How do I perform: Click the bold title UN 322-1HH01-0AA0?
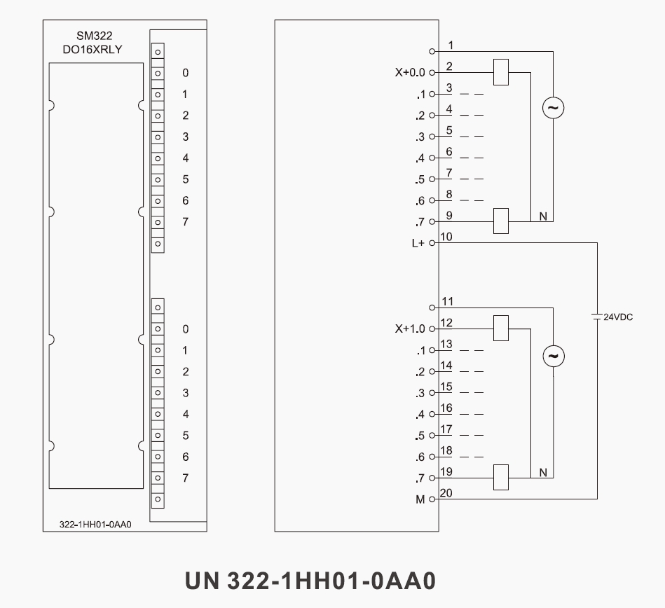[310, 581]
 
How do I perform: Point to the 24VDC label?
[618, 317]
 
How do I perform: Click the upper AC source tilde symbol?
[554, 108]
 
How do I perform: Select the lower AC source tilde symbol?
[554, 356]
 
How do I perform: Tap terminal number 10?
[446, 237]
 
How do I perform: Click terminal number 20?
[446, 494]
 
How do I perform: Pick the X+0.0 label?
[411, 72]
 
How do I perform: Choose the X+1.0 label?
[411, 329]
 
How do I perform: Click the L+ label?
[418, 243]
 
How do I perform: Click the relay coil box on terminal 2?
[500, 73]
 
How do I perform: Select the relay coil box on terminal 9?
[500, 221]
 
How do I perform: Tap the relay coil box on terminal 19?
[500, 478]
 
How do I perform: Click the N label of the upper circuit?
[543, 216]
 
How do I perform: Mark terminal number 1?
[451, 46]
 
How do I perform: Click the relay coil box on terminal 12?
[500, 329]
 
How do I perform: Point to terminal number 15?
[446, 387]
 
